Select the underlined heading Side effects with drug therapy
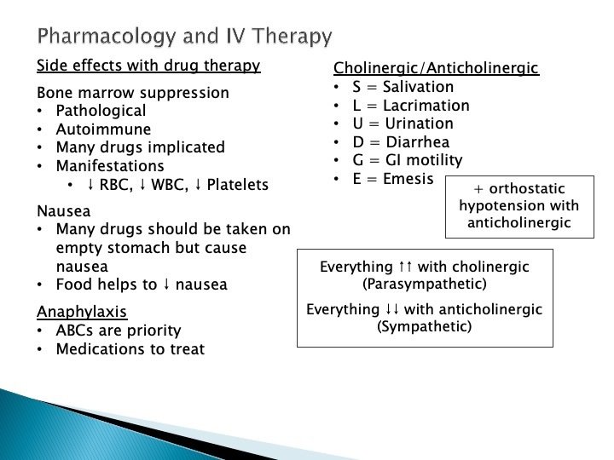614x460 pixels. coord(148,66)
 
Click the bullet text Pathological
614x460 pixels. coord(101,111)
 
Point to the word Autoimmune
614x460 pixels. coord(103,129)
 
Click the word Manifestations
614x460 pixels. coord(110,166)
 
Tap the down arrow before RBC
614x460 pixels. coord(91,185)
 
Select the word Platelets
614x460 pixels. coord(238,185)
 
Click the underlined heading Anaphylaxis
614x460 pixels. coord(82,312)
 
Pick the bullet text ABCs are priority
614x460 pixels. coord(119,331)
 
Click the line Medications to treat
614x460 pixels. coord(130,349)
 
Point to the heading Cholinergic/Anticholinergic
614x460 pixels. coord(437,68)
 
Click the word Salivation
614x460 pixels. coord(418,87)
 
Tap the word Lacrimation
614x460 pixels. coord(426,106)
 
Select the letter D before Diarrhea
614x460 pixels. coord(358,142)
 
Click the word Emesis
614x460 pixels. coord(408,179)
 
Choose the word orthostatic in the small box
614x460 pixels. coord(527,189)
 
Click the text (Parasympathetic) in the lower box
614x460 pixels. coord(425,284)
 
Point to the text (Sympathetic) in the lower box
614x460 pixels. coord(425,326)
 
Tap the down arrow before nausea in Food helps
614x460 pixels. coord(166,285)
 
